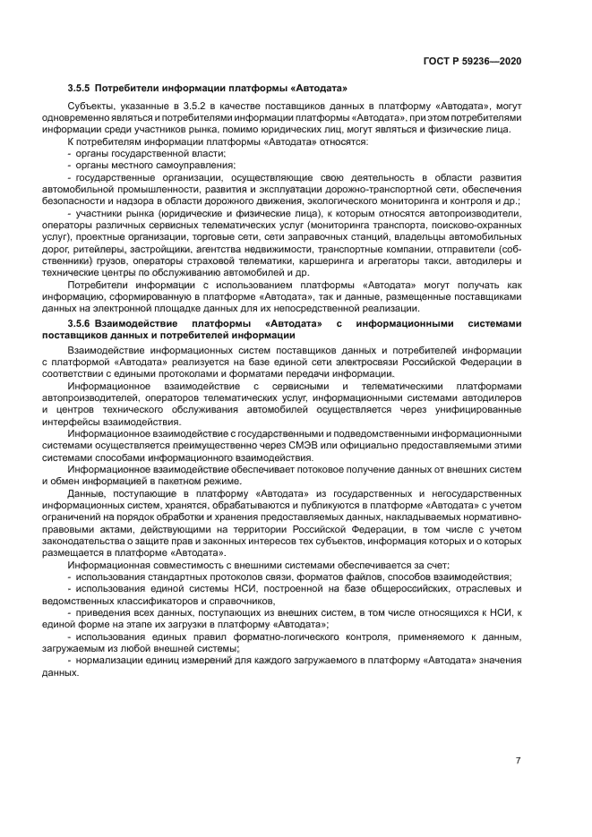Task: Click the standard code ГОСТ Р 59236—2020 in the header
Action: click(x=473, y=61)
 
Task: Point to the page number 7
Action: click(x=518, y=760)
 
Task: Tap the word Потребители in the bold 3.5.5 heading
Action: click(x=125, y=88)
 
